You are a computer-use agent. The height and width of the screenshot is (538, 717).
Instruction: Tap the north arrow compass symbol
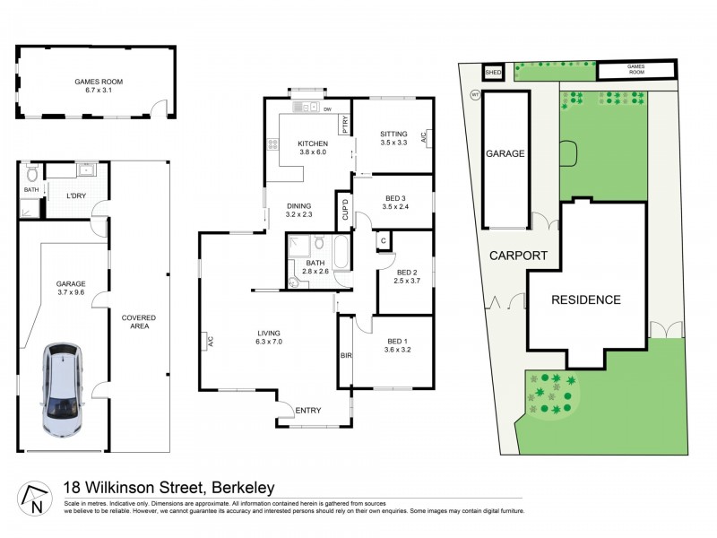click(x=33, y=498)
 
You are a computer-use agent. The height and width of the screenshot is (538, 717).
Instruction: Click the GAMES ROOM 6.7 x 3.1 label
click(x=99, y=86)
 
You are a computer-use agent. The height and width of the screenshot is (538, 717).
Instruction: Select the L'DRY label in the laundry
click(x=77, y=196)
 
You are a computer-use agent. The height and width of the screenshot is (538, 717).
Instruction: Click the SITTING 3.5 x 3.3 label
click(x=393, y=138)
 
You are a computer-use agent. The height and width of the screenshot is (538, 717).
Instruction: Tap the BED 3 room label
click(x=394, y=203)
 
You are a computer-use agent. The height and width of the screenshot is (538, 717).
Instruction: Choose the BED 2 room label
click(x=407, y=277)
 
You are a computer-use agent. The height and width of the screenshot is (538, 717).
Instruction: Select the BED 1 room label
click(x=398, y=346)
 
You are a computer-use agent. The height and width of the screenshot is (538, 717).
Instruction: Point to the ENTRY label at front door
click(x=308, y=411)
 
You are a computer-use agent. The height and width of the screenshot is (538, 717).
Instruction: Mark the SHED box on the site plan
click(x=493, y=73)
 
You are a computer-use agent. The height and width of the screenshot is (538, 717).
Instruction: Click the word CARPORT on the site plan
click(x=518, y=256)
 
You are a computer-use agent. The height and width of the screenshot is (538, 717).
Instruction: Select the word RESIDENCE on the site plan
click(x=585, y=300)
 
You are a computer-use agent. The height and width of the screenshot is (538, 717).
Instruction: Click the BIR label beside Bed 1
click(x=345, y=355)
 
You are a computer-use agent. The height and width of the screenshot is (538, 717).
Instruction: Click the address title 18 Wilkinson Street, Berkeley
click(x=168, y=489)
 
